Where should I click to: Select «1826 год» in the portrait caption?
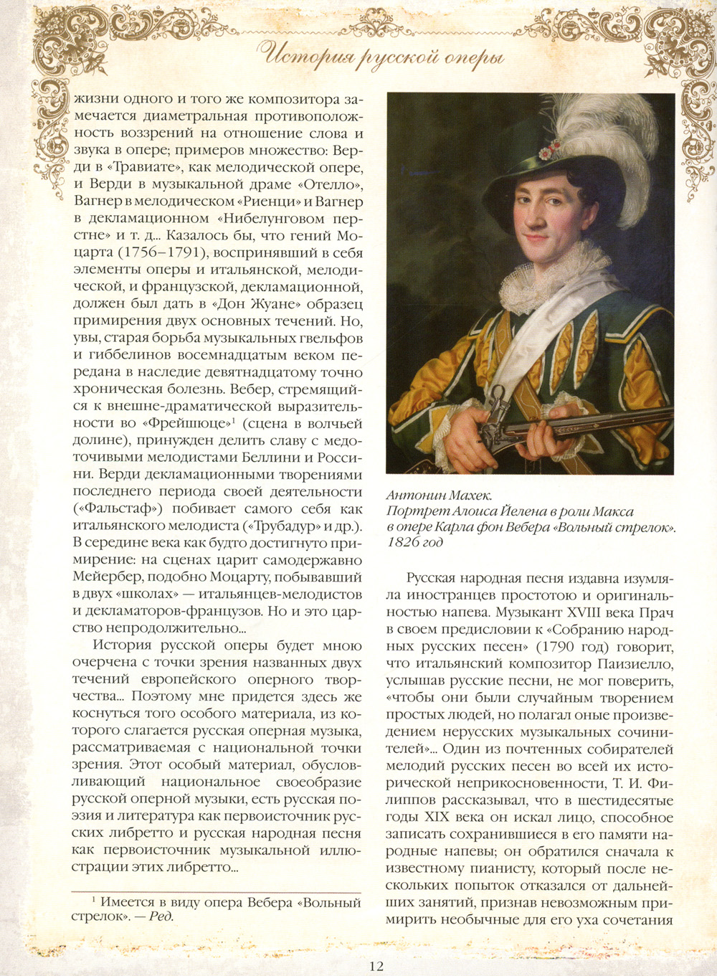[x=414, y=542]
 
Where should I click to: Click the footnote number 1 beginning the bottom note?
[x=94, y=900]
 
